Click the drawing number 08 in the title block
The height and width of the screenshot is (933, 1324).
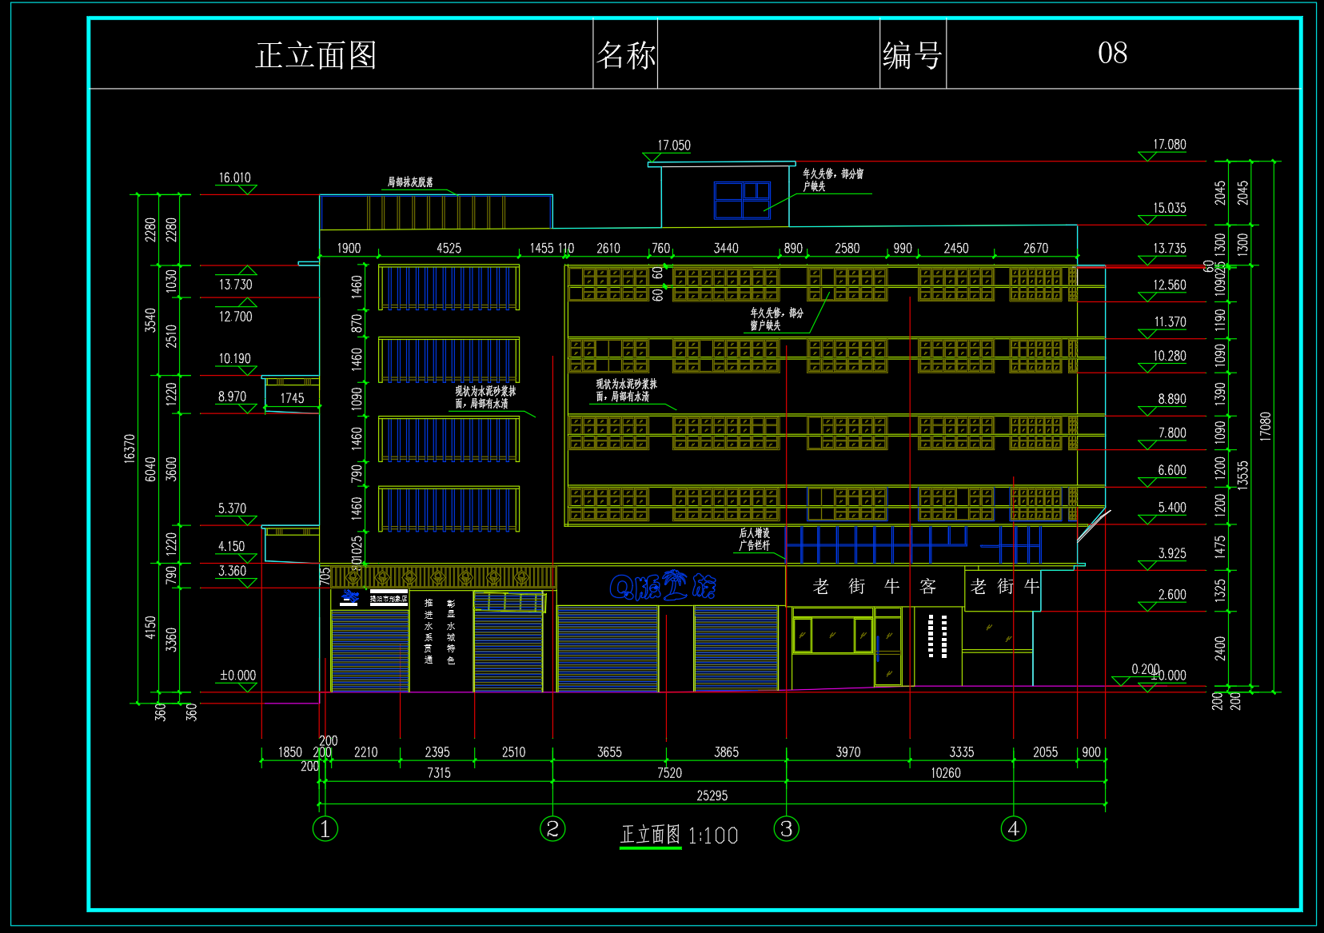1112,53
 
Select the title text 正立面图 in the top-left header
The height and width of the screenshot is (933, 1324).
316,55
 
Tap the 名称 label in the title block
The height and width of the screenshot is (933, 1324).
625,55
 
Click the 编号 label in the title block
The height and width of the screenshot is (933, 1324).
912,56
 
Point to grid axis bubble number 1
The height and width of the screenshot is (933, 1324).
325,829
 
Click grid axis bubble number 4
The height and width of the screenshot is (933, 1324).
1013,829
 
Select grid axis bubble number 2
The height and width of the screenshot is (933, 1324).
552,829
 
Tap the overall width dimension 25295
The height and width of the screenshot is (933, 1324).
712,795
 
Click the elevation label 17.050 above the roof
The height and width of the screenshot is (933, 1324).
674,146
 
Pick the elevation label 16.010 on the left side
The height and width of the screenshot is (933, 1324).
235,177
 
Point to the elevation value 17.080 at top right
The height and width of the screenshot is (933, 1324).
1169,145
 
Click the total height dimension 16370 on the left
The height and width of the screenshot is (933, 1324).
130,449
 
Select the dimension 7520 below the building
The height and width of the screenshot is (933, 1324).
669,773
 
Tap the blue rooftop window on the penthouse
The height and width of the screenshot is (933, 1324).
742,200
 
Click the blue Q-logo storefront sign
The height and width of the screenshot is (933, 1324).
663,586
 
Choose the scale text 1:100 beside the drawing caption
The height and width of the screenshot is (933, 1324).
712,836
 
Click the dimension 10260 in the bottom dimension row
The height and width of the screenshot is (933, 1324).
945,773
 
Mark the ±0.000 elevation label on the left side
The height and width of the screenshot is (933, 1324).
237,676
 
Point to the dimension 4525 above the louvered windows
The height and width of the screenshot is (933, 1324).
449,249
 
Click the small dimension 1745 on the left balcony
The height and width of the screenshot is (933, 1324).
292,398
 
